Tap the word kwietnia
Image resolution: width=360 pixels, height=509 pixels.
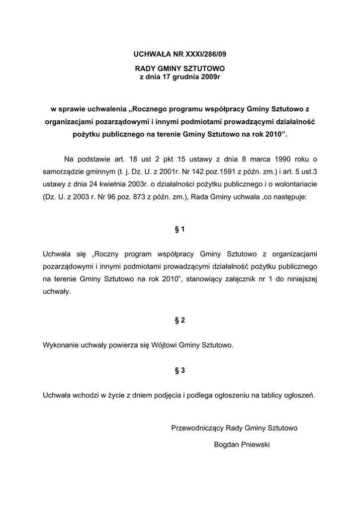point(110,184)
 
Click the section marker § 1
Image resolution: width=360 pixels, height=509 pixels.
point(180,229)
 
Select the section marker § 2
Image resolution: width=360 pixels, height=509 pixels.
point(180,321)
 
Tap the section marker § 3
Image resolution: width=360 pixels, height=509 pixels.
point(180,370)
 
